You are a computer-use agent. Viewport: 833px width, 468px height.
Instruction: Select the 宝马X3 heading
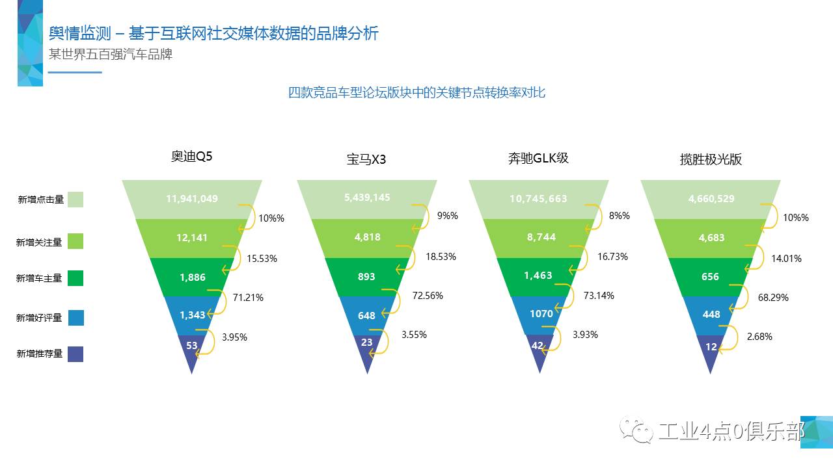point(366,159)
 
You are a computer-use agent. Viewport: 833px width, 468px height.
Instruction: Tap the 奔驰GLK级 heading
point(538,158)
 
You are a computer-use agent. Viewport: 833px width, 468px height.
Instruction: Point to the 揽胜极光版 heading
point(711,159)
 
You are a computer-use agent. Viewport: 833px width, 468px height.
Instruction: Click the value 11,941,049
point(192,198)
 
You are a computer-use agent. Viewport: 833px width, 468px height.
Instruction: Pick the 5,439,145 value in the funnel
point(367,197)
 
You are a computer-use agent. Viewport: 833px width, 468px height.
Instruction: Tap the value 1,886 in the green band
point(193,277)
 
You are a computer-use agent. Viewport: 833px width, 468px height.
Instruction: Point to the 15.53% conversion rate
point(262,258)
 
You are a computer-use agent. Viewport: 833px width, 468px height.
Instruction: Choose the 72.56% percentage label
point(428,295)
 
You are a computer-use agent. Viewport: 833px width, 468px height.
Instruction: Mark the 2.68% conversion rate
point(759,336)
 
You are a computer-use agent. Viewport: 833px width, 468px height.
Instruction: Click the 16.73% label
point(612,257)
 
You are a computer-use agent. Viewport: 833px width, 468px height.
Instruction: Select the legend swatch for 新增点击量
point(75,200)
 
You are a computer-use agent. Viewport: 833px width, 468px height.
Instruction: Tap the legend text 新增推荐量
point(40,354)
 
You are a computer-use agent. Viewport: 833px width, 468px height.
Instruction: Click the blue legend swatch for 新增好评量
point(75,317)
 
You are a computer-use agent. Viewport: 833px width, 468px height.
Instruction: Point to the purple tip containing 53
point(192,348)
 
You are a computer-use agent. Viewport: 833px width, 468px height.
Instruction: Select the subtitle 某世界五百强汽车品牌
point(111,54)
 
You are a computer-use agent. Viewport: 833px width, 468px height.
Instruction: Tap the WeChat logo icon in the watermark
point(636,430)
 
